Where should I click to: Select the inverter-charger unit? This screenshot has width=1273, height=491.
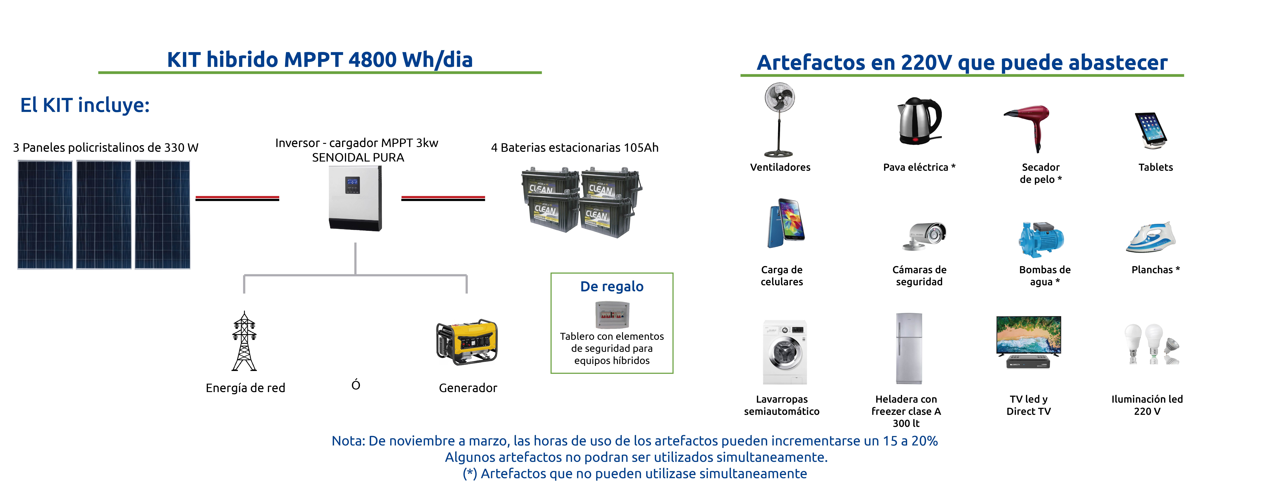tap(355, 198)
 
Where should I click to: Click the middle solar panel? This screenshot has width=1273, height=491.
tap(104, 215)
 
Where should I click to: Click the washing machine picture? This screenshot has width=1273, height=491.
tap(785, 352)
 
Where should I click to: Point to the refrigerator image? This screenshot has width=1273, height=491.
tap(909, 348)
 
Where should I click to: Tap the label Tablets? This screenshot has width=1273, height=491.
tap(1155, 167)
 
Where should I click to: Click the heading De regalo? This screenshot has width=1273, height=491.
tap(612, 287)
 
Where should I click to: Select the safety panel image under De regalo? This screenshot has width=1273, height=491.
tap(612, 314)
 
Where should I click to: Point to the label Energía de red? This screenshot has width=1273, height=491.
tap(246, 388)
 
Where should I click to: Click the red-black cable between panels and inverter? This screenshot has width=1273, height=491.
tap(237, 198)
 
